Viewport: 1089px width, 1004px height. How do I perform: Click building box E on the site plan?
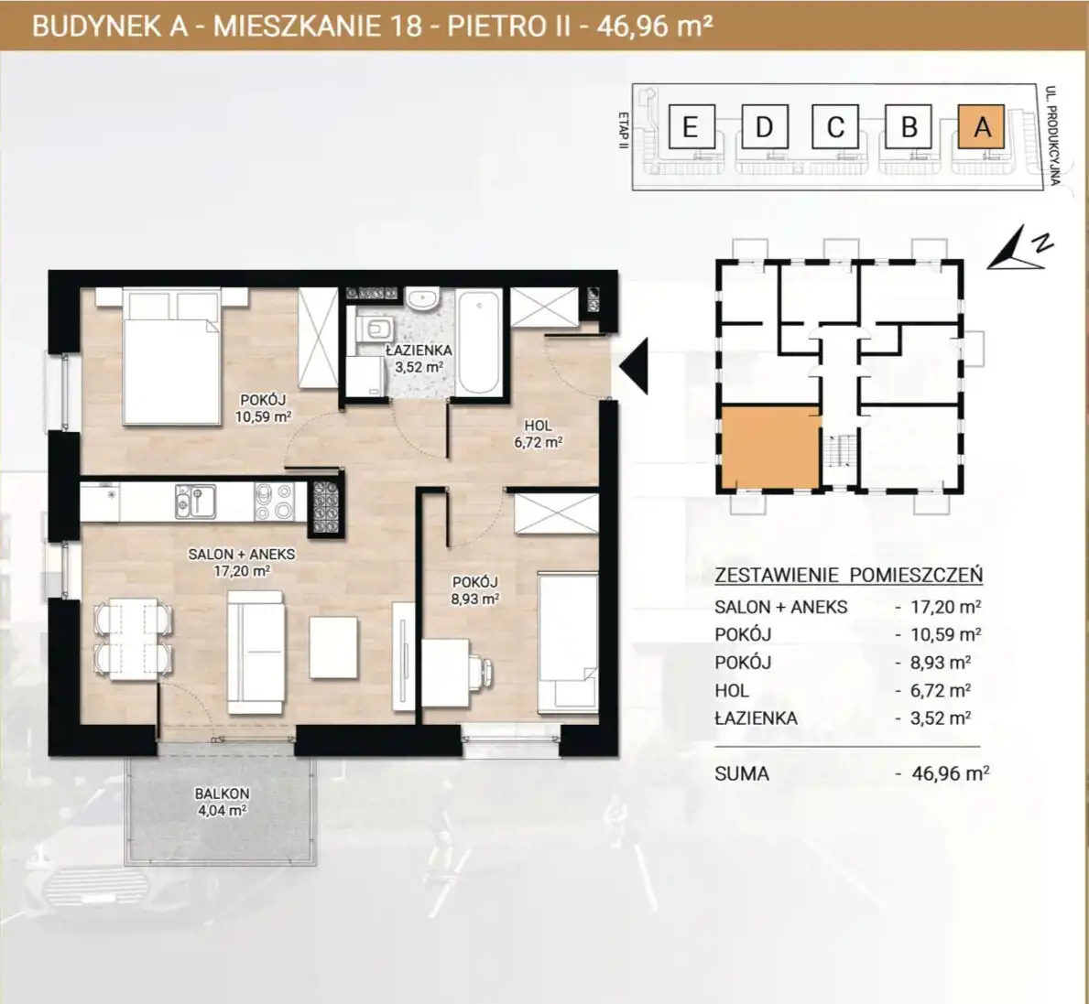(x=691, y=126)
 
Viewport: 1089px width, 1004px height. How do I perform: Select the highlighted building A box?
(x=981, y=126)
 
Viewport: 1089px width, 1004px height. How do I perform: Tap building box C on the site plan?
(x=835, y=126)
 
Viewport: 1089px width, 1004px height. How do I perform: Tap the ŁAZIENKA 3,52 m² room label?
(x=419, y=359)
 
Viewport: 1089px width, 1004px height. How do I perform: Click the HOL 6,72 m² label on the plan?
(x=538, y=434)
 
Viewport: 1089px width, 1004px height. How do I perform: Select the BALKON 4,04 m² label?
(x=222, y=802)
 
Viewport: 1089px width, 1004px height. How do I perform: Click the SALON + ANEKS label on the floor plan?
(x=242, y=555)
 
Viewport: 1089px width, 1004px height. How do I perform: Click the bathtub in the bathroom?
(x=479, y=341)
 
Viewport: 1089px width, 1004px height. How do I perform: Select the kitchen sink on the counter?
(x=195, y=501)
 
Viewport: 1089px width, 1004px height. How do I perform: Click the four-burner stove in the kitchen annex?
(x=275, y=501)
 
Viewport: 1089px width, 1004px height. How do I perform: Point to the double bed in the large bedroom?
(x=171, y=357)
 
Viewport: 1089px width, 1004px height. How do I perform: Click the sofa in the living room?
(x=256, y=653)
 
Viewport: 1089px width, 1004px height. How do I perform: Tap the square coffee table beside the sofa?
(x=334, y=647)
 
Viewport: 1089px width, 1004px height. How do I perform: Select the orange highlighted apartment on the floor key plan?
(x=770, y=448)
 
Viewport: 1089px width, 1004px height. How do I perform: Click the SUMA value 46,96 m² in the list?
(x=950, y=773)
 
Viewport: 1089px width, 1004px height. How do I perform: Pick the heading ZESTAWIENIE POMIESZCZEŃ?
(x=849, y=575)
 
